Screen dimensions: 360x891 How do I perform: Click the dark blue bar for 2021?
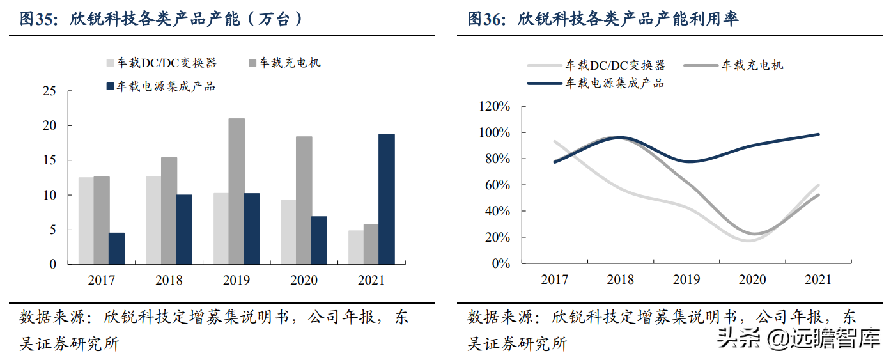[387, 199]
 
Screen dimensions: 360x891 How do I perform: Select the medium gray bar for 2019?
[236, 191]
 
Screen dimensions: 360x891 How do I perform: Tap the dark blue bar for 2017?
[116, 248]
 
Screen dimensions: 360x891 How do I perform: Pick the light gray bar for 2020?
[288, 231]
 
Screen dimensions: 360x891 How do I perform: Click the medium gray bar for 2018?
[169, 210]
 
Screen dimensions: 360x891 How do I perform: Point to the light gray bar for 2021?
[356, 247]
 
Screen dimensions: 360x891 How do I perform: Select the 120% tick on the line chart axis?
[493, 106]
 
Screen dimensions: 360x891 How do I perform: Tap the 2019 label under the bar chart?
[236, 280]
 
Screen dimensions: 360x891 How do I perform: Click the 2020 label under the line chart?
[752, 279]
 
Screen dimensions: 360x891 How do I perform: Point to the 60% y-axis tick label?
[496, 185]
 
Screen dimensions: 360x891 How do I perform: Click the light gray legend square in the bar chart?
[110, 63]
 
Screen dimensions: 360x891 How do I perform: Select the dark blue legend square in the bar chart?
[110, 86]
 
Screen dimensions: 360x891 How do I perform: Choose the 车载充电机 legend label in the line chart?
[753, 65]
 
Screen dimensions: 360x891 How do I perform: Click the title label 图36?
[483, 19]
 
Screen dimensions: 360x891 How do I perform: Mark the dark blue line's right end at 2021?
[819, 134]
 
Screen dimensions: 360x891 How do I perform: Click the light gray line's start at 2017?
[554, 141]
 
